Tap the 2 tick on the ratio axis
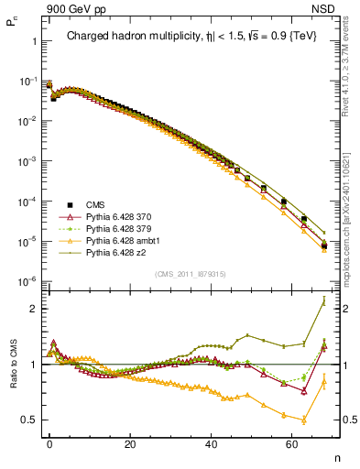pos(34,309)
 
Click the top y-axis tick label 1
pos(34,42)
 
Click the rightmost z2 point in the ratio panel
pos(324,300)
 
